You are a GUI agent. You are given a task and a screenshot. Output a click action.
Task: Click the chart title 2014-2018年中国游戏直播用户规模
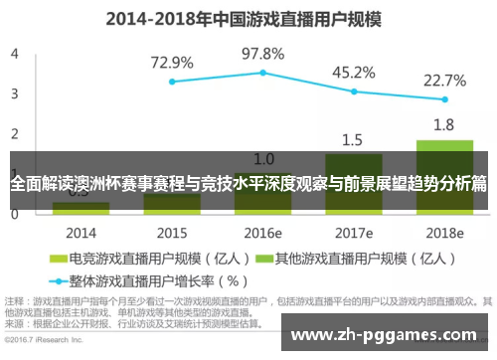[248, 18]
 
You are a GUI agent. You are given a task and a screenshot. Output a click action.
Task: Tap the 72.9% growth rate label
[172, 62]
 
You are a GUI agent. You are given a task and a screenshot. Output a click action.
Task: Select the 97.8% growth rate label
[263, 53]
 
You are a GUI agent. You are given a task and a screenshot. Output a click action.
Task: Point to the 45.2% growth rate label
[353, 72]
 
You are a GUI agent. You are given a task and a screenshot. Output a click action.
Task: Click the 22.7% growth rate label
[444, 80]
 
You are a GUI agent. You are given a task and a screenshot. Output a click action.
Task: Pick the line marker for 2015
[172, 82]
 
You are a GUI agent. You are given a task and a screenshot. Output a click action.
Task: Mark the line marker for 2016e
[263, 73]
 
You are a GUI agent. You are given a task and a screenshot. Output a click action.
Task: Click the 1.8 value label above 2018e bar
[444, 125]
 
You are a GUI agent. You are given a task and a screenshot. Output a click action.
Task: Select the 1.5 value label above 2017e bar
[353, 139]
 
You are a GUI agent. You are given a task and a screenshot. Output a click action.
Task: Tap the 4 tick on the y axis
[14, 54]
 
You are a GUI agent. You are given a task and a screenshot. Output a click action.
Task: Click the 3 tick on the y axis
[14, 93]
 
